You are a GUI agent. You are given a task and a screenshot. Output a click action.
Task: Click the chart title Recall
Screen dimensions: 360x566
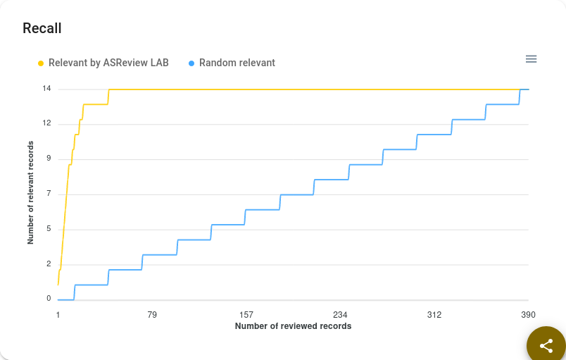[42, 28]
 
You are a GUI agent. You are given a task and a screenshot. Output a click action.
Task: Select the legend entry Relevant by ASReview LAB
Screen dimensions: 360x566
[108, 63]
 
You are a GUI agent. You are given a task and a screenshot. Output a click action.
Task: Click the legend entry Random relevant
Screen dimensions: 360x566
[237, 63]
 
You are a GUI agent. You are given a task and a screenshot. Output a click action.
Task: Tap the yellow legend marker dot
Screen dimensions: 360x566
[41, 63]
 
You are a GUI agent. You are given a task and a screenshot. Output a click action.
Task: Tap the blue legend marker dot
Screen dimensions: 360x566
[191, 63]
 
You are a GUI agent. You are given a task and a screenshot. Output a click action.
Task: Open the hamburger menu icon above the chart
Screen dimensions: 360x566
[532, 59]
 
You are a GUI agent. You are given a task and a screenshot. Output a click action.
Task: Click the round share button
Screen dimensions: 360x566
[546, 346]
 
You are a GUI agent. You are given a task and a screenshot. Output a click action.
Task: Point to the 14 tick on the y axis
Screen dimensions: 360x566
[46, 89]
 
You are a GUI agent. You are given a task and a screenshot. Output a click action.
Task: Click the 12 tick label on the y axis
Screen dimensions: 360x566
[46, 123]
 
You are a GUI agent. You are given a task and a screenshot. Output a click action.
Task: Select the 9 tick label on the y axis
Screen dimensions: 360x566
[49, 159]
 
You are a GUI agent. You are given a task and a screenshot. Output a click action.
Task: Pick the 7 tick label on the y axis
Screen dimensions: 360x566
[49, 194]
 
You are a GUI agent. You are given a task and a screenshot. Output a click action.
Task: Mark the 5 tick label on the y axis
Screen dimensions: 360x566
[49, 229]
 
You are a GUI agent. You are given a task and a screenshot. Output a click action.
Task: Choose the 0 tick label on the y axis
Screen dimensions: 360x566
[49, 299]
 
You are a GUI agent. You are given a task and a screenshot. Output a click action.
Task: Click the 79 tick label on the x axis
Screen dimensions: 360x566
[152, 314]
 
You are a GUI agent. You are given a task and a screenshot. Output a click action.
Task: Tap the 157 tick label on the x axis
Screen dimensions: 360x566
[246, 314]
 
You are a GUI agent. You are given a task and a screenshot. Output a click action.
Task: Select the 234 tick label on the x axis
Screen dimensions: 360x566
[340, 314]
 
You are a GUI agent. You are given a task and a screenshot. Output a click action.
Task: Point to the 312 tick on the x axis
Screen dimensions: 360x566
[434, 314]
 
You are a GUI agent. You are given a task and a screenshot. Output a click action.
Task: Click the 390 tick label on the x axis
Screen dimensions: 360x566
[528, 314]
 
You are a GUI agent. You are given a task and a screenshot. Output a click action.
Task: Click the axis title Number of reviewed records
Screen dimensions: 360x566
[293, 326]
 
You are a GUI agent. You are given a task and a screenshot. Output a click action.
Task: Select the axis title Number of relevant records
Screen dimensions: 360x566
[30, 193]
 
